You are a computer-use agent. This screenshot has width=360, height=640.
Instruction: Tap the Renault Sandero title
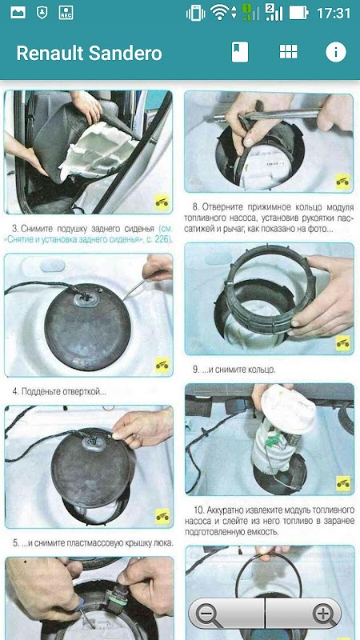point(89,53)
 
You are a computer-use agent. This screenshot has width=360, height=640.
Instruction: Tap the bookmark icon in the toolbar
point(240,52)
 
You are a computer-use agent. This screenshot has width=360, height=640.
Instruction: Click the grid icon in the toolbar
point(288,52)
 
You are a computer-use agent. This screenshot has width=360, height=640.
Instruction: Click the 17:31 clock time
point(334,13)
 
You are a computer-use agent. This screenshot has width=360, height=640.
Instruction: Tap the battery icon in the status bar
point(298,13)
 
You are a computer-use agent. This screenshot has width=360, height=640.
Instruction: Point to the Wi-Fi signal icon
point(221,13)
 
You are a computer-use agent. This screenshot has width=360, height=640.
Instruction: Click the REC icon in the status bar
point(66,13)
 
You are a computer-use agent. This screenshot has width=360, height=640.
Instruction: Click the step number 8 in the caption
point(195,206)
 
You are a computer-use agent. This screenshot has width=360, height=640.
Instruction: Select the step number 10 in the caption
point(198,510)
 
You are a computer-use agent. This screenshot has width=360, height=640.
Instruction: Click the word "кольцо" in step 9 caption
point(262,370)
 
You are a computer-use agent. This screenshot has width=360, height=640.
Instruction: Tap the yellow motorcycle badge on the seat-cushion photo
point(162,202)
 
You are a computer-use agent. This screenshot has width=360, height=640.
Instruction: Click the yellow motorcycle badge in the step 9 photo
point(343,342)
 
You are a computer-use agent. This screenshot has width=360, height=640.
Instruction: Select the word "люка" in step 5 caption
point(164,543)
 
